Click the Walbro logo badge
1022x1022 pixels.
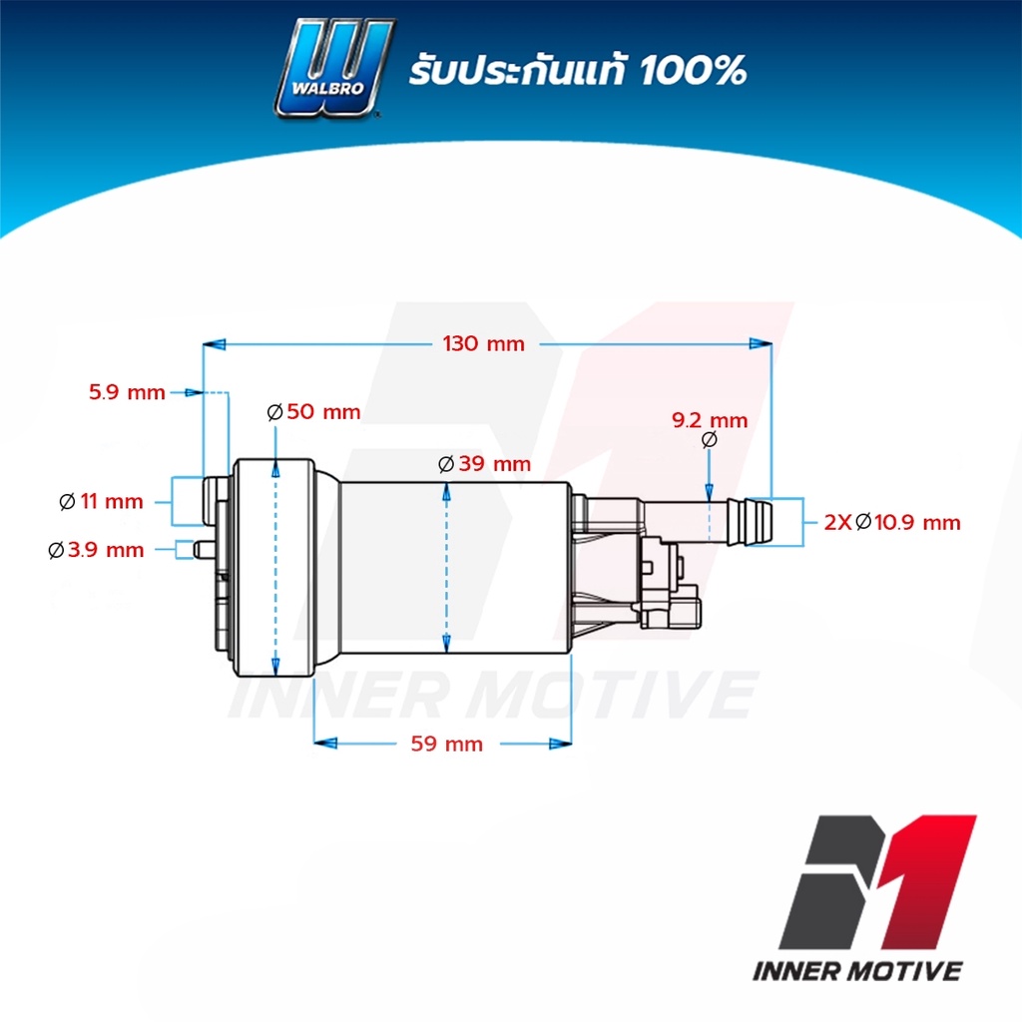pyautogui.click(x=333, y=69)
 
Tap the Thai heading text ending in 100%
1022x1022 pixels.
pyautogui.click(x=578, y=70)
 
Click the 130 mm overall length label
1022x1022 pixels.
pyautogui.click(x=484, y=343)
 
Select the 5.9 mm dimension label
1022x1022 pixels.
pyautogui.click(x=127, y=391)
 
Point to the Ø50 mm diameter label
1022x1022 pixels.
pyautogui.click(x=314, y=411)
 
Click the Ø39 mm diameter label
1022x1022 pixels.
pyautogui.click(x=485, y=463)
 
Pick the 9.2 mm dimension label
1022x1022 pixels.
pyautogui.click(x=710, y=420)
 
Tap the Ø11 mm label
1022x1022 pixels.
pyautogui.click(x=101, y=501)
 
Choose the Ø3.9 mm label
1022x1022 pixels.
pyautogui.click(x=97, y=550)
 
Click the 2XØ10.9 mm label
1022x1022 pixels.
pyautogui.click(x=892, y=522)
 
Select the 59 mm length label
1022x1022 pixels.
pyautogui.click(x=447, y=744)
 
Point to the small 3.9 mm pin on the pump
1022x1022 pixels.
pyautogui.click(x=203, y=550)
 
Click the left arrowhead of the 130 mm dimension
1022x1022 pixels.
pyautogui.click(x=214, y=344)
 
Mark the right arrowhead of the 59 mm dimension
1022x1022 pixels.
pyautogui.click(x=561, y=744)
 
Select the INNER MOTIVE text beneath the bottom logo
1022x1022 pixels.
pyautogui.click(x=857, y=971)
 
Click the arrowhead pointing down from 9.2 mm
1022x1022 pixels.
pyautogui.click(x=710, y=492)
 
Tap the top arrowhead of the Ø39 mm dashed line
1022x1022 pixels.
pyautogui.click(x=446, y=493)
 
